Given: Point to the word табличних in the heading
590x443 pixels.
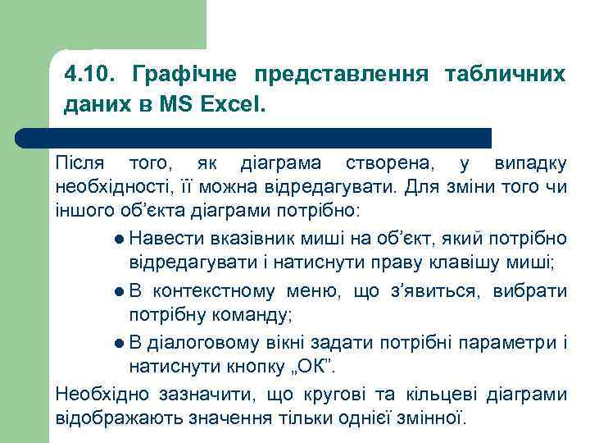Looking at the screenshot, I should (x=505, y=75).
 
